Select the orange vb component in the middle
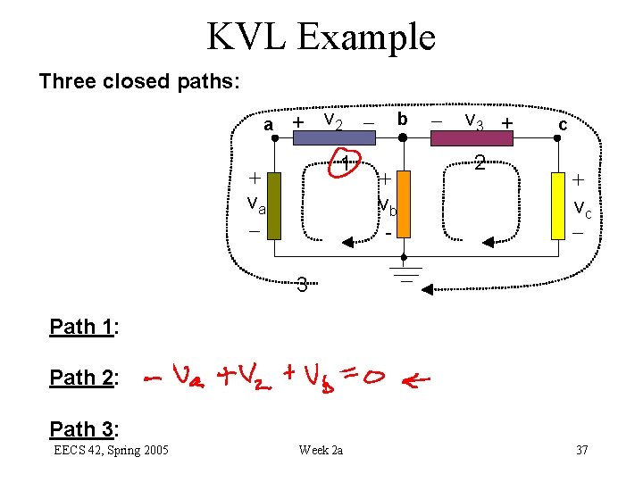tap(403, 206)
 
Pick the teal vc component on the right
tap(562, 206)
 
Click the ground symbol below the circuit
tap(406, 271)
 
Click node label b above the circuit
tap(403, 120)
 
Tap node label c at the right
tap(562, 125)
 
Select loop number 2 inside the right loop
tap(480, 163)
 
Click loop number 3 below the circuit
tap(302, 286)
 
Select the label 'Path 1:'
tap(85, 327)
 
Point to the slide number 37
tap(581, 450)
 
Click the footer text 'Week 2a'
tap(321, 450)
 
